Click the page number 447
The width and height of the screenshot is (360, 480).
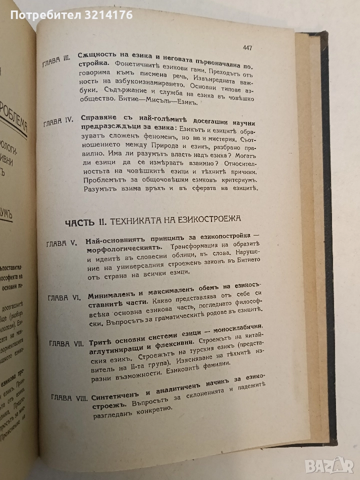point(244,48)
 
